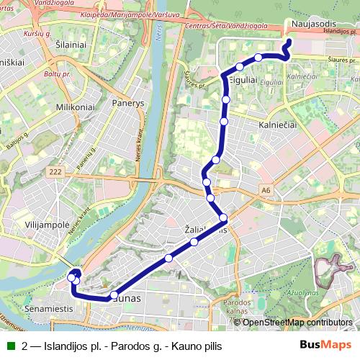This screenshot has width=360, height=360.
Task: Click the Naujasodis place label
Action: coord(311,24)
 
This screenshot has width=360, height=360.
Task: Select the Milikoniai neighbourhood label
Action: coord(75,107)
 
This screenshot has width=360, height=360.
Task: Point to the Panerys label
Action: coord(128,103)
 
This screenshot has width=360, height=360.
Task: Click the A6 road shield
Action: coord(266,190)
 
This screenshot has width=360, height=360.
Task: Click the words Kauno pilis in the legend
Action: coord(197,346)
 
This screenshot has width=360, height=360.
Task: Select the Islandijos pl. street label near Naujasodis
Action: coord(339,32)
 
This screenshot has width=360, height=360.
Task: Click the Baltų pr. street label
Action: coord(49,73)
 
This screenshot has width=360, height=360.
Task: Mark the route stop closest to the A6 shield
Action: coord(223,217)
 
